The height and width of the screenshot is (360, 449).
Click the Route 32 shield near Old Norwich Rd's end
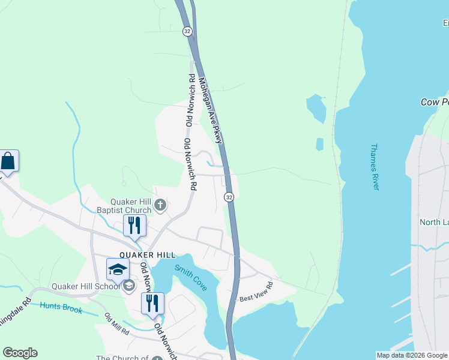coord(229,197)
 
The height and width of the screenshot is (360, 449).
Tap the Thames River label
coord(375,167)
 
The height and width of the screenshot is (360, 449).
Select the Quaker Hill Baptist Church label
coord(125,206)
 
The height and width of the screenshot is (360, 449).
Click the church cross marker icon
coord(160,206)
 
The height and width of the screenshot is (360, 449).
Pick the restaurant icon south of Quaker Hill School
coord(152,304)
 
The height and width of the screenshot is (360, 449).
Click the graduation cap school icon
coord(118,269)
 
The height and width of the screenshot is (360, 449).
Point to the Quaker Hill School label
coord(86,286)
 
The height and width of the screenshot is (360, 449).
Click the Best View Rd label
coord(256,291)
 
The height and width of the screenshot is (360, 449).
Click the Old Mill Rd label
coord(116,323)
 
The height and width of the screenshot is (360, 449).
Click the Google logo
coord(20,353)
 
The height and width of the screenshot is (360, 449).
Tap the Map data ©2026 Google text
coord(412,355)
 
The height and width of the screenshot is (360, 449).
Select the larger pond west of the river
coord(316,108)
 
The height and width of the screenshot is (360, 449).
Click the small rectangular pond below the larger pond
coord(319,145)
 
